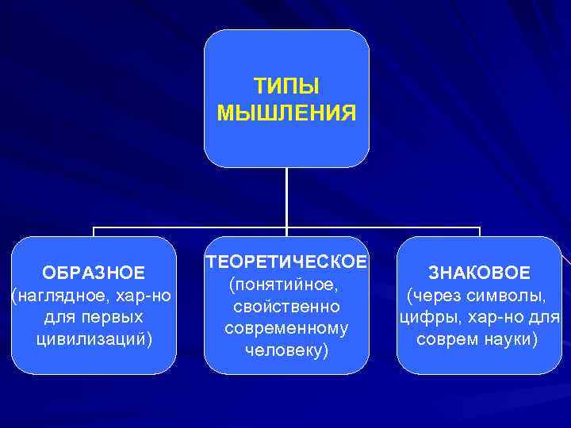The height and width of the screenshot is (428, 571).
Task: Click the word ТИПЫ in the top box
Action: coord(286,85)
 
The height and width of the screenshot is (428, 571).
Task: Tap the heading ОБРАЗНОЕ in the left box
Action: coord(94,273)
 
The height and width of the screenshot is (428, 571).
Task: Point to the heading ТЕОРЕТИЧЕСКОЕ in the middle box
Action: coord(286,262)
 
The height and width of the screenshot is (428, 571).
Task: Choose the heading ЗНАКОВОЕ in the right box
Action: coord(479,273)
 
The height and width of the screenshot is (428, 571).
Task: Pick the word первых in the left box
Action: coord(116,317)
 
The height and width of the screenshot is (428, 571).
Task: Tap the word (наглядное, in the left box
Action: coord(59,296)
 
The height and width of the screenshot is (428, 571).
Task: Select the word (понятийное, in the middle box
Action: coord(286,284)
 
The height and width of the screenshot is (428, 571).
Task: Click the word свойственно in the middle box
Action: coord(286,306)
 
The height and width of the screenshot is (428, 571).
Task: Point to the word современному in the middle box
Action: coord(286,327)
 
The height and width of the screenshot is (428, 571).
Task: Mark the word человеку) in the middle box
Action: coord(286,350)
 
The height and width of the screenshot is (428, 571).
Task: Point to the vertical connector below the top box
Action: coord(286,198)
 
